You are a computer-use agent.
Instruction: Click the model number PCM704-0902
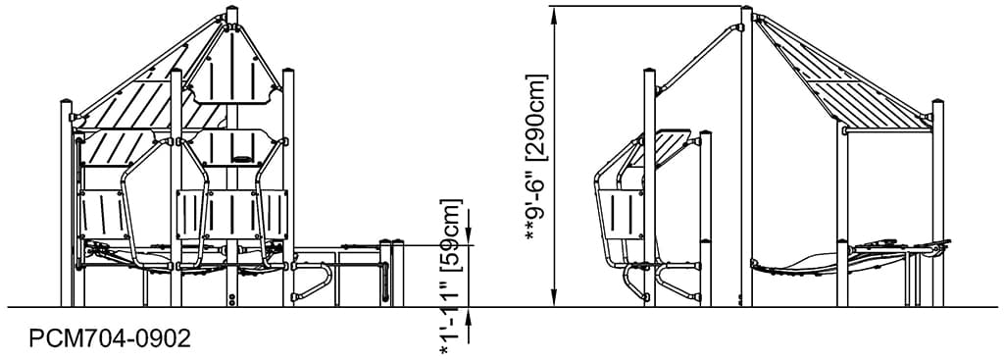[110, 338]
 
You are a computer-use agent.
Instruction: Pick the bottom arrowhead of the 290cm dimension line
[555, 298]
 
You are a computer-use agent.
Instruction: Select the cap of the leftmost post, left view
[68, 102]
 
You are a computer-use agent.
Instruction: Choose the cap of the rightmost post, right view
[937, 101]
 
